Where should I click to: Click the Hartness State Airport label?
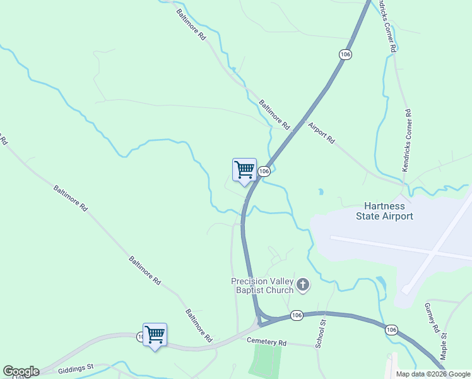click(x=389, y=211)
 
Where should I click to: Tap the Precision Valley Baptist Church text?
click(x=263, y=286)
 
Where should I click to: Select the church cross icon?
click(x=303, y=286)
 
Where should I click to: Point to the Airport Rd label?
click(x=321, y=133)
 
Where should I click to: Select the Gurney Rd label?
click(x=432, y=318)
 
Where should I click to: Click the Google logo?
click(x=20, y=371)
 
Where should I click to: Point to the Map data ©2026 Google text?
click(x=434, y=374)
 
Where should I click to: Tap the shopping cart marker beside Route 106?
click(x=244, y=170)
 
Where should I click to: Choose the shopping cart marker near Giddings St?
click(x=155, y=335)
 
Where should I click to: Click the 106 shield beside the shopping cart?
click(x=264, y=171)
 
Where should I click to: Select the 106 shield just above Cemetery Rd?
click(x=297, y=315)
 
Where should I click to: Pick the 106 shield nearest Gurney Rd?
click(x=391, y=330)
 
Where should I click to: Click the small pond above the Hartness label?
click(x=321, y=191)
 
